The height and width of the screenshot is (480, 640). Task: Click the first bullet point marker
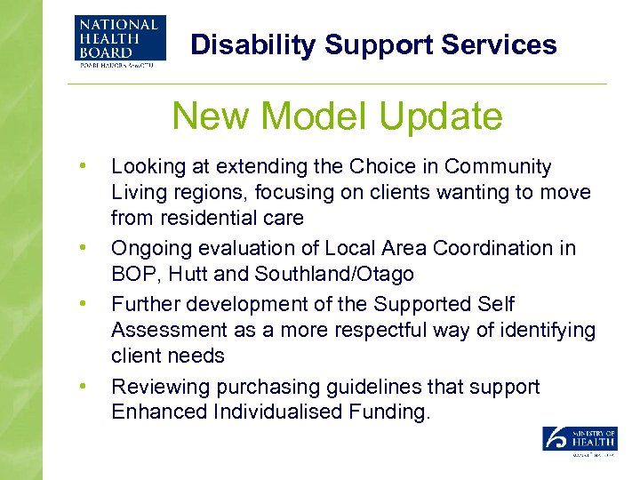point(82,165)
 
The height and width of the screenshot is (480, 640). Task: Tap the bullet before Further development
point(82,303)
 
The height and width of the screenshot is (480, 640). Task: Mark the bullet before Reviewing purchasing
point(82,385)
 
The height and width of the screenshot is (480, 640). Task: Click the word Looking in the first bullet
point(145,167)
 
